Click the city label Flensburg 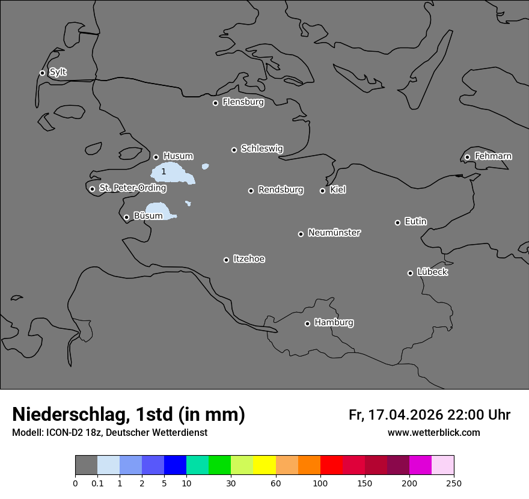243,102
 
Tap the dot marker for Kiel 322,191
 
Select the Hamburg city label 334,323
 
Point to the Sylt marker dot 42,73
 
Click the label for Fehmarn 493,156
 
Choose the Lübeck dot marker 410,273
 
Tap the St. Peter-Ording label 132,188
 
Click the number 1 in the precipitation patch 164,172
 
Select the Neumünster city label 334,233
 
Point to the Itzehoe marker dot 226,260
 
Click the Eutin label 415,222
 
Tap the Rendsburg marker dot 251,191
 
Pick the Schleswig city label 261,148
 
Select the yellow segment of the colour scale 264,465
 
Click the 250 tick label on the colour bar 454,483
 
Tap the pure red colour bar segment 331,465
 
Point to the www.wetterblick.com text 433,433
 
